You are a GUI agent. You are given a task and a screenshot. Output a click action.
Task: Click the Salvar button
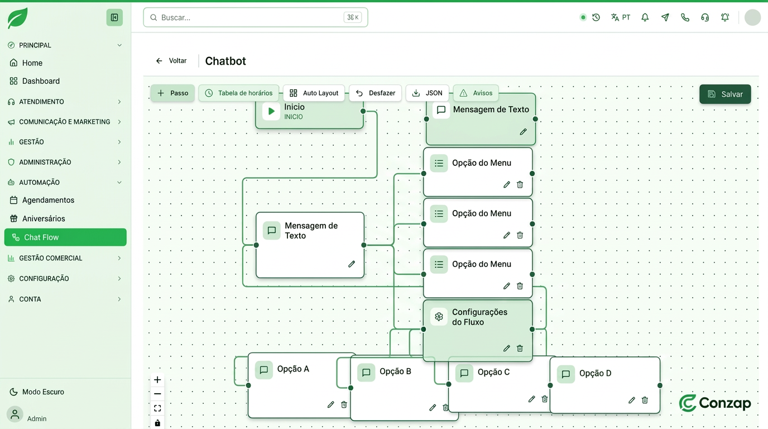point(725,94)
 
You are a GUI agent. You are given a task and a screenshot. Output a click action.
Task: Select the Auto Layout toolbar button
point(314,93)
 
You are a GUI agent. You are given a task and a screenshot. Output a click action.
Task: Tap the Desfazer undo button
point(375,93)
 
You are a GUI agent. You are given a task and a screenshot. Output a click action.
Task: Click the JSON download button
point(427,93)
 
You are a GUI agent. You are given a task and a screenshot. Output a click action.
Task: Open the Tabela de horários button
point(239,93)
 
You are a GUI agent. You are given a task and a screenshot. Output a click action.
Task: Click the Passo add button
point(172,93)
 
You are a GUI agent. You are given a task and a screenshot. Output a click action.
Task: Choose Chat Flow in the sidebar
point(65,237)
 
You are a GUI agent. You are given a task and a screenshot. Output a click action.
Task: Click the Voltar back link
point(171,61)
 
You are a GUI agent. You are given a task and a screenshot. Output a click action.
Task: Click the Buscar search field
point(256,17)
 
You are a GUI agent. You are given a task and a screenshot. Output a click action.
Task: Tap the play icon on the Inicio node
point(271,111)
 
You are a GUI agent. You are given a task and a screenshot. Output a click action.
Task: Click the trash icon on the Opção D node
point(645,400)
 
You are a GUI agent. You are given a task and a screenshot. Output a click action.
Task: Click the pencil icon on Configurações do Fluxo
point(506,349)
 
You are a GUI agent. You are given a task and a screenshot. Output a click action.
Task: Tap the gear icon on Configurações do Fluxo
point(439,316)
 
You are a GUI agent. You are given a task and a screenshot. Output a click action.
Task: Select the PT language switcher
point(621,17)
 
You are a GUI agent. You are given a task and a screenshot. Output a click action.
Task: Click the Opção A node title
point(293,369)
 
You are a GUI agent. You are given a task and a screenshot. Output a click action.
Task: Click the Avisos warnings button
point(476,93)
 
